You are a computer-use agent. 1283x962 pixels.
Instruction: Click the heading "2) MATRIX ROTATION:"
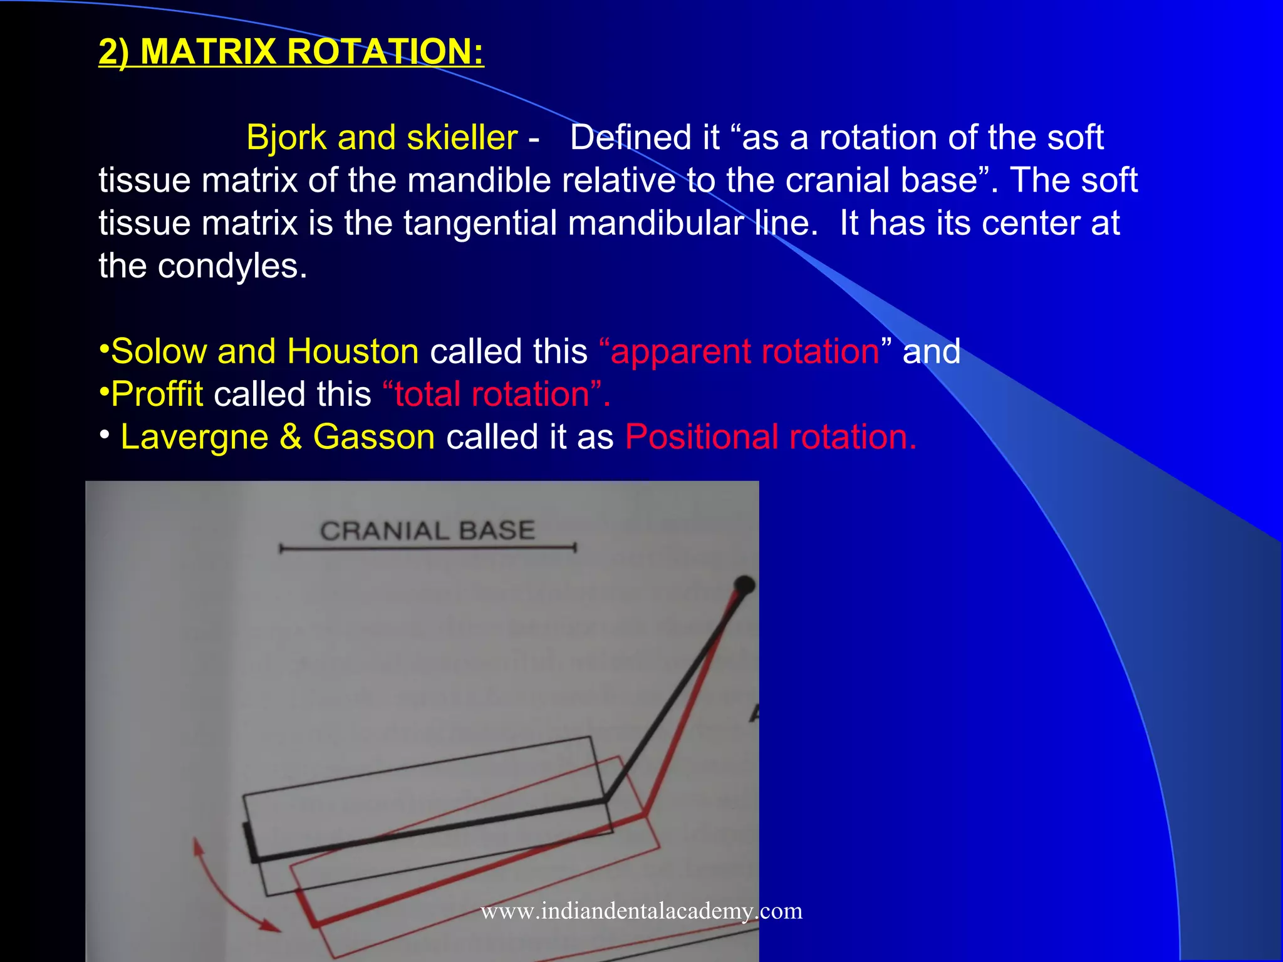pos(291,51)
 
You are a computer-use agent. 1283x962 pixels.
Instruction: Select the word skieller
pos(462,137)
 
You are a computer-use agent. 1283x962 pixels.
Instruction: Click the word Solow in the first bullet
pos(158,351)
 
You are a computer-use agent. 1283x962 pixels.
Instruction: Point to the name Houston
pos(353,351)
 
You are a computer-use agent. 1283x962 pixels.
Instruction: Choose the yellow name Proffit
pos(157,394)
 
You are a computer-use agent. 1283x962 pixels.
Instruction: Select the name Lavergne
pos(194,437)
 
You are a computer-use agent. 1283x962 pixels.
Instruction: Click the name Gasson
pos(373,437)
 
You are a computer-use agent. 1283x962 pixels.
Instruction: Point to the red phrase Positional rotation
pos(771,437)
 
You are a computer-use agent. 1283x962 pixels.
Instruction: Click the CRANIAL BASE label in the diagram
pos(427,531)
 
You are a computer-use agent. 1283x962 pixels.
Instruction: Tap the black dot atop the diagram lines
pos(744,585)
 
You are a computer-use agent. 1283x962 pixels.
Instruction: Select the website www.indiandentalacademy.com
pos(641,911)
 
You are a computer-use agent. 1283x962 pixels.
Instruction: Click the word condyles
pos(231,266)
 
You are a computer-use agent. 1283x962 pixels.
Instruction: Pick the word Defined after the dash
pos(645,137)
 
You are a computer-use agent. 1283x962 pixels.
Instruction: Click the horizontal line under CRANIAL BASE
pos(427,549)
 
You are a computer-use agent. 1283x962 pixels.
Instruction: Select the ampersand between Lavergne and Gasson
pos(291,437)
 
